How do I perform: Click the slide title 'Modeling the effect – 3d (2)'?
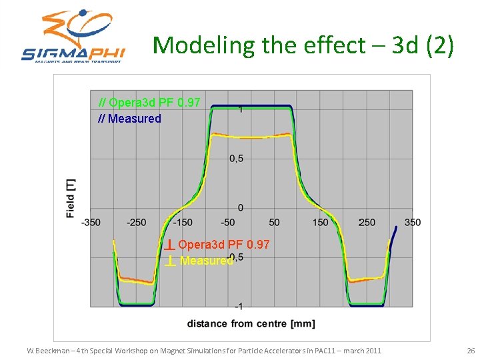coord(303,45)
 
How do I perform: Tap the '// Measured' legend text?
coord(130,119)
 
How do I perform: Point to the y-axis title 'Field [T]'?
coord(71,198)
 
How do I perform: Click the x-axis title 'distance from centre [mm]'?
coord(251,324)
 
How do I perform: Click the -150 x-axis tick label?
coord(182,222)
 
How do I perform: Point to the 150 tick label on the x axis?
coord(321,222)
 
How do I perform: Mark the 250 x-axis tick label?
coord(367,222)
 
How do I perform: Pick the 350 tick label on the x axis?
coord(413,222)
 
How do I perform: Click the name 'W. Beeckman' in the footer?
coord(50,351)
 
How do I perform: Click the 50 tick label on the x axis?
coord(274,222)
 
